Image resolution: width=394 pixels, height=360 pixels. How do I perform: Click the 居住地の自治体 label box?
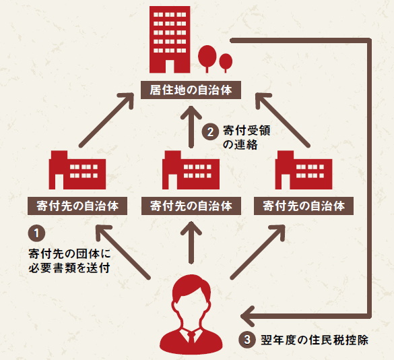point(191,90)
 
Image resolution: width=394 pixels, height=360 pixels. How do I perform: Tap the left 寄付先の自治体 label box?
point(77,206)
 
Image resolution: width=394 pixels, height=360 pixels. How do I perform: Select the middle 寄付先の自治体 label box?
point(191,206)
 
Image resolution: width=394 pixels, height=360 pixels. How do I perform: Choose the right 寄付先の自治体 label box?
point(304,206)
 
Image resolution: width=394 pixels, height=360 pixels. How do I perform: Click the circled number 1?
point(36,233)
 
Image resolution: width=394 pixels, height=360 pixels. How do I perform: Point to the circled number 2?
point(210,132)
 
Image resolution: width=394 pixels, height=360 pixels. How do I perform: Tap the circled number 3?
point(247,340)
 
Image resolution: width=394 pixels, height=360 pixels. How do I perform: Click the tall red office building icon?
point(170,40)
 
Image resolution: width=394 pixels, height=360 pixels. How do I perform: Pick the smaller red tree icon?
point(226,63)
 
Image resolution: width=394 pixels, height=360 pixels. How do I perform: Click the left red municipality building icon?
point(77,170)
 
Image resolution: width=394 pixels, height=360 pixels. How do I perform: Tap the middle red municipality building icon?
point(191,170)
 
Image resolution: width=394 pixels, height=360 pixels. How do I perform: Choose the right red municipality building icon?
point(304,170)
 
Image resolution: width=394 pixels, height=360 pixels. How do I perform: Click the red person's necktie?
point(191,337)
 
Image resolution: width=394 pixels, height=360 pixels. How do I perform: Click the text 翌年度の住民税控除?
point(315,340)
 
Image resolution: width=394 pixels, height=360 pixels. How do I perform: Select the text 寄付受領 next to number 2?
point(247,131)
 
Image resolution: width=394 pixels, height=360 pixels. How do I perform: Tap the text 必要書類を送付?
point(69,268)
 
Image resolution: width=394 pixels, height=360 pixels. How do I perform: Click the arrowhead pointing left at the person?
point(247,316)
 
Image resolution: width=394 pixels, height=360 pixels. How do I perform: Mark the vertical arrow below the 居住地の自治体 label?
point(191,127)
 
